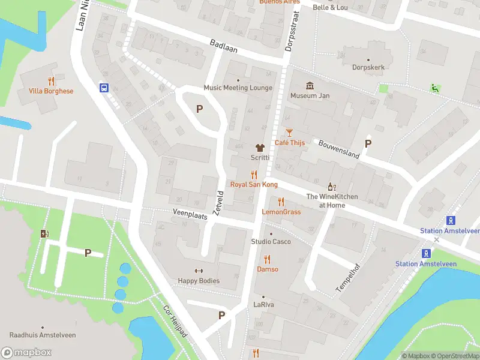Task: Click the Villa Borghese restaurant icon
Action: (51, 80)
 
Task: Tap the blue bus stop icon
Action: (104, 88)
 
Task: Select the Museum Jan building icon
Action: (310, 85)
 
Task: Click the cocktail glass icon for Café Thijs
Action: (290, 132)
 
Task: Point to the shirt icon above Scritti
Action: (260, 147)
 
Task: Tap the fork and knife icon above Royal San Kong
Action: (254, 175)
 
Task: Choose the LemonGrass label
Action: (281, 212)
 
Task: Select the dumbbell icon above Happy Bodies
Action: (199, 271)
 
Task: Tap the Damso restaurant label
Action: (268, 269)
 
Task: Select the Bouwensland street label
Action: (338, 147)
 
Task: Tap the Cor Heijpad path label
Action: (175, 322)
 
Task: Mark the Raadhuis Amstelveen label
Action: (42, 335)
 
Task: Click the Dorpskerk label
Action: (368, 67)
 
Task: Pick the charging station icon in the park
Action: (44, 233)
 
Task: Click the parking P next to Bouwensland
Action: (368, 143)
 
